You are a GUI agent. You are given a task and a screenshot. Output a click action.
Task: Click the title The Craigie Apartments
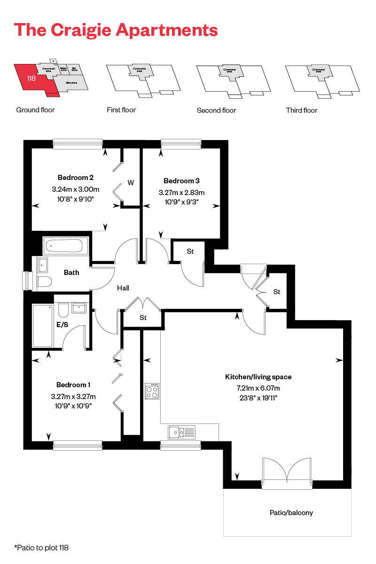tap(116, 30)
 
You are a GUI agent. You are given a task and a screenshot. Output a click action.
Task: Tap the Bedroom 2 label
tap(75, 178)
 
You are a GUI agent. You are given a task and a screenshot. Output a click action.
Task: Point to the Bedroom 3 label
tap(178, 181)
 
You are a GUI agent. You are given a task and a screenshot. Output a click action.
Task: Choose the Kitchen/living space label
tap(258, 377)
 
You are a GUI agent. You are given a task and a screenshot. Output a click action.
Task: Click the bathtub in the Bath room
tap(65, 246)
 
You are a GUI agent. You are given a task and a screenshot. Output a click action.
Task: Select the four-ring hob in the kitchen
tap(152, 391)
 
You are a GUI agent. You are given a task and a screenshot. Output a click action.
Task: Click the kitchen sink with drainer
tap(181, 431)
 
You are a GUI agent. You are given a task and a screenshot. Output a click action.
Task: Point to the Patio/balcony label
tap(291, 512)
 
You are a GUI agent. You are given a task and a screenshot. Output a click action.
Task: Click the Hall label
tap(123, 288)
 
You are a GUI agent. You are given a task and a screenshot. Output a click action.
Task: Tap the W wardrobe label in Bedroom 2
tap(131, 183)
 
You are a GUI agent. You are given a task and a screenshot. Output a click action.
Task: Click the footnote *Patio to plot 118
tap(42, 548)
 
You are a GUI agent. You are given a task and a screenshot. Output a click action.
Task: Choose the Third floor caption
tap(301, 110)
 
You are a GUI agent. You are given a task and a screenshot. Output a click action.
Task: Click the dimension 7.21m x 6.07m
tap(258, 388)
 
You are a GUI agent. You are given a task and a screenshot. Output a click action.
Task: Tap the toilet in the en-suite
tap(63, 311)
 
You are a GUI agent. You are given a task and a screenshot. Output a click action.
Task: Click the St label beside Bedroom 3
tap(190, 252)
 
